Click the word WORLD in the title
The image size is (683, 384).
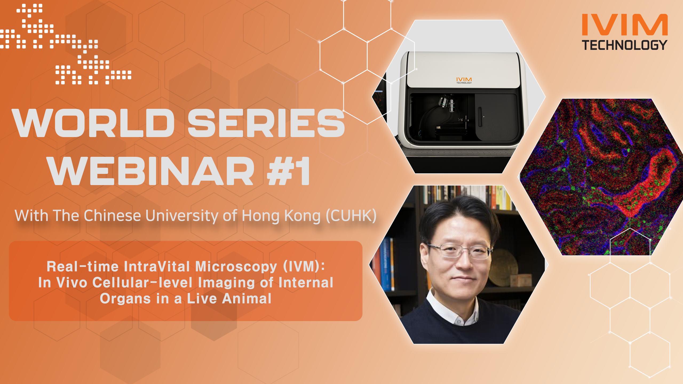(x=93, y=123)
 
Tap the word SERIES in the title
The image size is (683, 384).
(x=267, y=123)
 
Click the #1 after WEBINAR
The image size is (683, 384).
(x=288, y=171)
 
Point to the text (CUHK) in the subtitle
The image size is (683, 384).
(x=351, y=215)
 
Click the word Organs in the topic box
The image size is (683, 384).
(x=125, y=299)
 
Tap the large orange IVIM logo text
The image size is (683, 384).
(x=625, y=25)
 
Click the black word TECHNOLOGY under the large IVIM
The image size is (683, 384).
(x=625, y=45)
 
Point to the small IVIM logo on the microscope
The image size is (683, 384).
(x=464, y=80)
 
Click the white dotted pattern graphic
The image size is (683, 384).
(x=65, y=44)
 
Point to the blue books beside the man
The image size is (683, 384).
(x=387, y=264)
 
